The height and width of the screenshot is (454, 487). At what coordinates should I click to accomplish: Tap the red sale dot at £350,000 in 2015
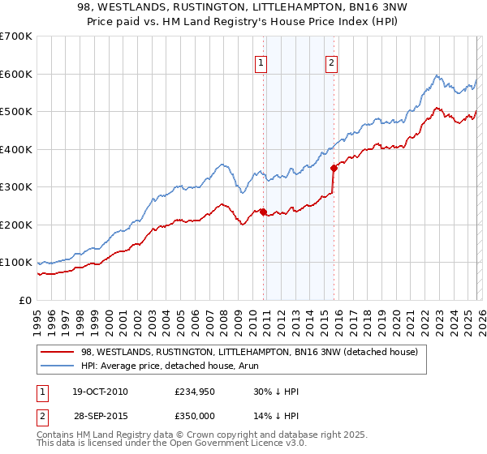pos(334,169)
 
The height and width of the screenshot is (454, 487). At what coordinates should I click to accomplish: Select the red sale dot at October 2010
pos(263,212)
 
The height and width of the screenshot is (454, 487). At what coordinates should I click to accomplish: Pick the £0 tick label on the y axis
pos(24,300)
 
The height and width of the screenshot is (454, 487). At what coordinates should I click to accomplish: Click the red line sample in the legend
pos(57,352)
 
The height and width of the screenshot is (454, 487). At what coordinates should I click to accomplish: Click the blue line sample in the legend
pos(57,366)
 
